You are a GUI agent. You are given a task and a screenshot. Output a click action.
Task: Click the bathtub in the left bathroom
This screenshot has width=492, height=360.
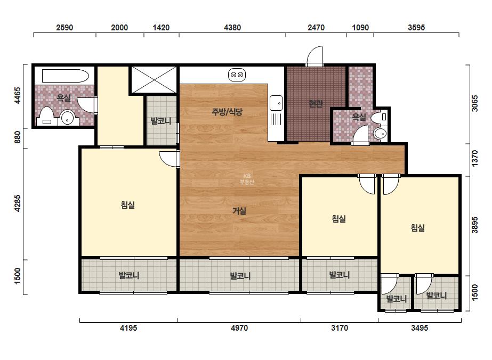point(65,76)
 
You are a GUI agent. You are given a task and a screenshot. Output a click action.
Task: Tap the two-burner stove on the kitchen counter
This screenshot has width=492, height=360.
point(237,75)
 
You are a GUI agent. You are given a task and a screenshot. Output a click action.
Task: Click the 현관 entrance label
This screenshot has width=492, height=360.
point(316,103)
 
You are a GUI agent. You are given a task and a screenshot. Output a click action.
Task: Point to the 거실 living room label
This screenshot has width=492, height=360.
point(239,211)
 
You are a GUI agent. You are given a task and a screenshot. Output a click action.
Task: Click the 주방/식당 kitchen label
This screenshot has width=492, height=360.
point(227,112)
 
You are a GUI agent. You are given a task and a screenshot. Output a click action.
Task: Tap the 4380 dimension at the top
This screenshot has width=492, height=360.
point(232,28)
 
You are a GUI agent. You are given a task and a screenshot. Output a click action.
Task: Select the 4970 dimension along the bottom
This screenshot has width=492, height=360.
point(239,328)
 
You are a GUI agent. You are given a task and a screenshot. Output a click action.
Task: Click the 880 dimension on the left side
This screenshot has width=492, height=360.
point(17,137)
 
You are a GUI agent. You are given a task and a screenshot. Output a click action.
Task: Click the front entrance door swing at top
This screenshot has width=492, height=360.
point(314,56)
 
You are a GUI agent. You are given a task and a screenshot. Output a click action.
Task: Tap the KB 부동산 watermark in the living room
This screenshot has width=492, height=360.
point(247,179)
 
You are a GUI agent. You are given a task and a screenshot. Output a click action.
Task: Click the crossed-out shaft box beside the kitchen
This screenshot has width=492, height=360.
point(154,80)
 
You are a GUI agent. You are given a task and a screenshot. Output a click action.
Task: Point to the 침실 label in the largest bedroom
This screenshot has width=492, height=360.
point(128,205)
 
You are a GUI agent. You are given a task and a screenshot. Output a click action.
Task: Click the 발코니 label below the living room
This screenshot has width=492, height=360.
point(240,276)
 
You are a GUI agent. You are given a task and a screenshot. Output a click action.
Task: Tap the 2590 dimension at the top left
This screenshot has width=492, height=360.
point(64,28)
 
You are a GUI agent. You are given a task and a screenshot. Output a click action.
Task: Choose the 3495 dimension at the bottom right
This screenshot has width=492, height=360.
point(420,328)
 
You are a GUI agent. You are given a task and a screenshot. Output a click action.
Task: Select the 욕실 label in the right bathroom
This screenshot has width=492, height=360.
point(359,117)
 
